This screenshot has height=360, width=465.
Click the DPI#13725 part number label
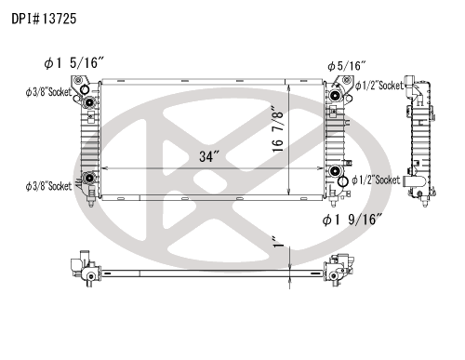44,19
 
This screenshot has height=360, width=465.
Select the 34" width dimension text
209,156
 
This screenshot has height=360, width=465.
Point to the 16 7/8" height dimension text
278,129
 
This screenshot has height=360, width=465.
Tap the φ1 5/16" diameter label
73,62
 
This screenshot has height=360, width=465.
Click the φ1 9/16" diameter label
352,220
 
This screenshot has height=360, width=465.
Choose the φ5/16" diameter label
347,66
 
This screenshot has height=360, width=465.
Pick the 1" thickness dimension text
278,242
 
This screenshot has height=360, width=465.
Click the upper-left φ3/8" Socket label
48,92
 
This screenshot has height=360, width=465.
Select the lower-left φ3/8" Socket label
48,186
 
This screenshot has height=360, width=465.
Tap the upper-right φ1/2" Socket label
379,86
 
